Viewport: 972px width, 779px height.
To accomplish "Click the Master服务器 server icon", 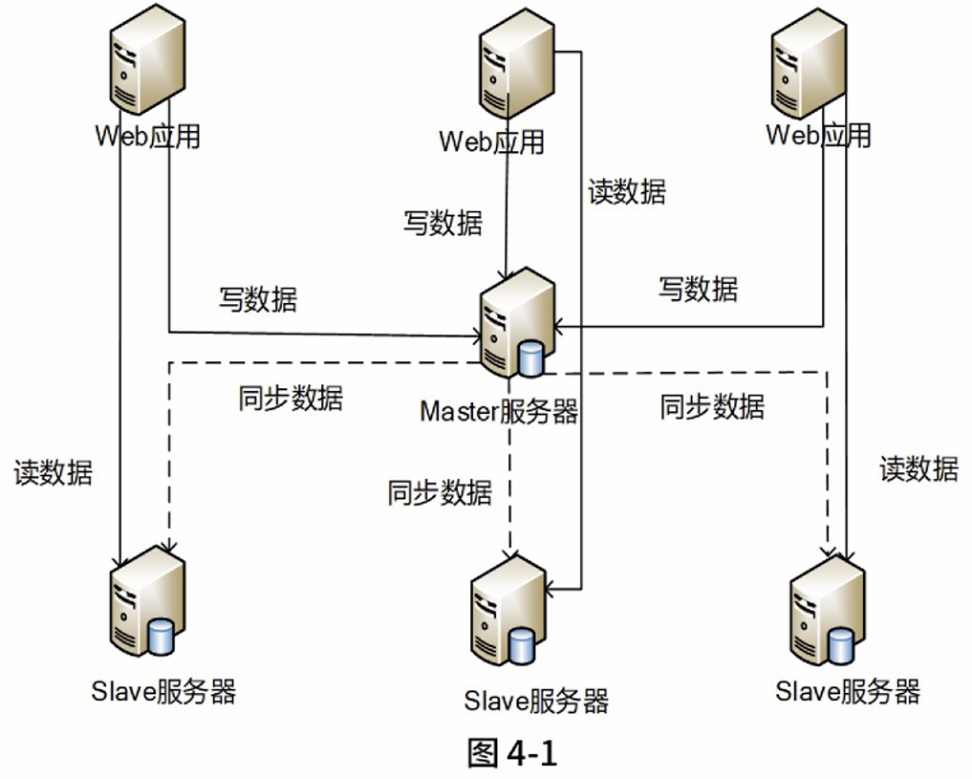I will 517,324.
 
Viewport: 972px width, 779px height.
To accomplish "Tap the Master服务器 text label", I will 499,412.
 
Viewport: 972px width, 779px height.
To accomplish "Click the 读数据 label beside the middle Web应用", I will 627,192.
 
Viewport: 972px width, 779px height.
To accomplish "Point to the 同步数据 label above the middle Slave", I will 440,493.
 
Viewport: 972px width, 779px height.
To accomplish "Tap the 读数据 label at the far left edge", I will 54,472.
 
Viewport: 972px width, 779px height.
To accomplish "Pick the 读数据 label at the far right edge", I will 918,468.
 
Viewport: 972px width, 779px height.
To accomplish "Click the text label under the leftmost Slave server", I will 164,691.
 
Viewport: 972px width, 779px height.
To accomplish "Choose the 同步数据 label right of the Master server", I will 712,406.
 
